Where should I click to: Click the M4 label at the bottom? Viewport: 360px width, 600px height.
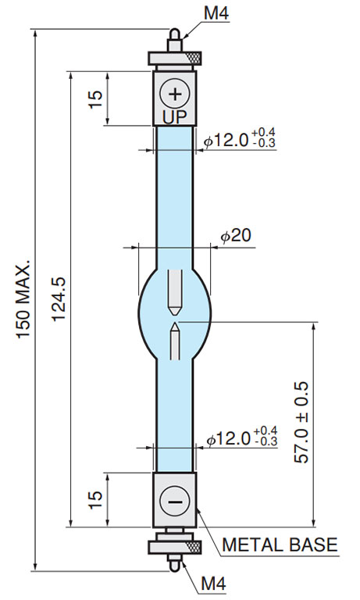point(216,584)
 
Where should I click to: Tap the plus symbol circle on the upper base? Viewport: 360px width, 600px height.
point(174,95)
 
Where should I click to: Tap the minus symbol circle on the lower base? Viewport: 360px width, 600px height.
point(174,500)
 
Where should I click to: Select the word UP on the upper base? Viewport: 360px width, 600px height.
point(174,116)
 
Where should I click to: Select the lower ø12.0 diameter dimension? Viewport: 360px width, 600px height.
point(242,438)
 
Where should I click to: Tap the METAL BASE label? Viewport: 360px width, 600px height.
point(280,545)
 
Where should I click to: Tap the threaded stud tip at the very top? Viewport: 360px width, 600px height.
point(175,34)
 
